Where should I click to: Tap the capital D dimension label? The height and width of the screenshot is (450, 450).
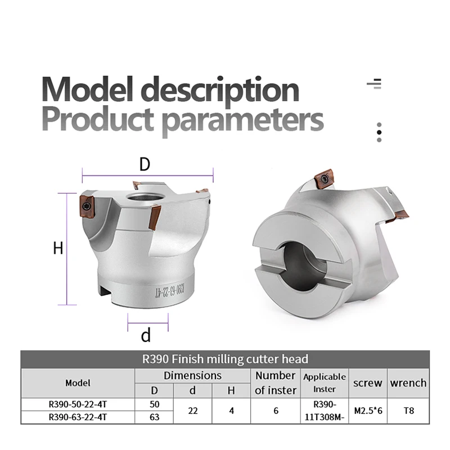(145, 164)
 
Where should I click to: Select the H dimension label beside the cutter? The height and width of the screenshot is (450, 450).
(58, 248)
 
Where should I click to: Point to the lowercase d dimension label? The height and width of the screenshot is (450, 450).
(146, 336)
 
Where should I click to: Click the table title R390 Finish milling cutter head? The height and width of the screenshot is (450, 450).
(225, 359)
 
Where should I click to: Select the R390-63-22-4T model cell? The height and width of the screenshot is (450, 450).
(78, 417)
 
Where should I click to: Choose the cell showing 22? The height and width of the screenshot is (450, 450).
(192, 411)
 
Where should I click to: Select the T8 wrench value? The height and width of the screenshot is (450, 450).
(409, 411)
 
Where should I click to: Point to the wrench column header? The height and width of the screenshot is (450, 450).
(409, 383)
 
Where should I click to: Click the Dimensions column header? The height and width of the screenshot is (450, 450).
(192, 375)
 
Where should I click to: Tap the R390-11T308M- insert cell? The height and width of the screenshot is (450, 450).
(325, 411)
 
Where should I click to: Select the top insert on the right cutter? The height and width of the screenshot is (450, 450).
(325, 178)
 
